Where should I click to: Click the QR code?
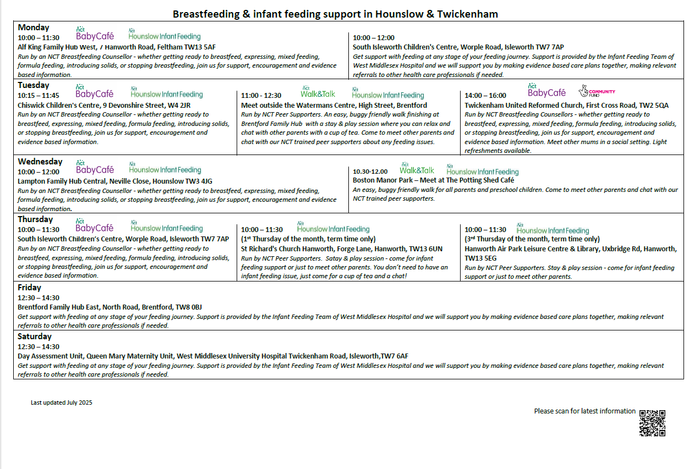[x=652, y=423]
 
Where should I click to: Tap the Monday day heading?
[x=34, y=27]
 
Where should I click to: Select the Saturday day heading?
[x=35, y=336]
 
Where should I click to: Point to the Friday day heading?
[x=29, y=288]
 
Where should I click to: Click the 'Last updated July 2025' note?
[x=62, y=402]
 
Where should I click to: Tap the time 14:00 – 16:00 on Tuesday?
[x=485, y=96]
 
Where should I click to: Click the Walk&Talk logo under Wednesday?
[x=417, y=170]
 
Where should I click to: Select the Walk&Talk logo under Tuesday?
[x=318, y=93]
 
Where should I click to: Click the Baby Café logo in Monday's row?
[x=95, y=35]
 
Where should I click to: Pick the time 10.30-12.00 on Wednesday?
[x=370, y=172]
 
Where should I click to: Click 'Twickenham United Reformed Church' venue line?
[x=566, y=105]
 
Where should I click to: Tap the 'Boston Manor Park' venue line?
[x=433, y=180]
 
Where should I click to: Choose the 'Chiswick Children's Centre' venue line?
[x=104, y=105]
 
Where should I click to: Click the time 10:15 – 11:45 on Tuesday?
[x=39, y=96]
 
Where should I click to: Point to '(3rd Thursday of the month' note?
[x=532, y=239]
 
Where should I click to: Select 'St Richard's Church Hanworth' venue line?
[x=341, y=249]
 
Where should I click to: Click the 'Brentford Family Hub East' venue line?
[x=110, y=307]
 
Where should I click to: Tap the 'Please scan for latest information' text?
[x=584, y=411]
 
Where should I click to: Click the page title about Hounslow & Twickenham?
[x=335, y=14]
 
